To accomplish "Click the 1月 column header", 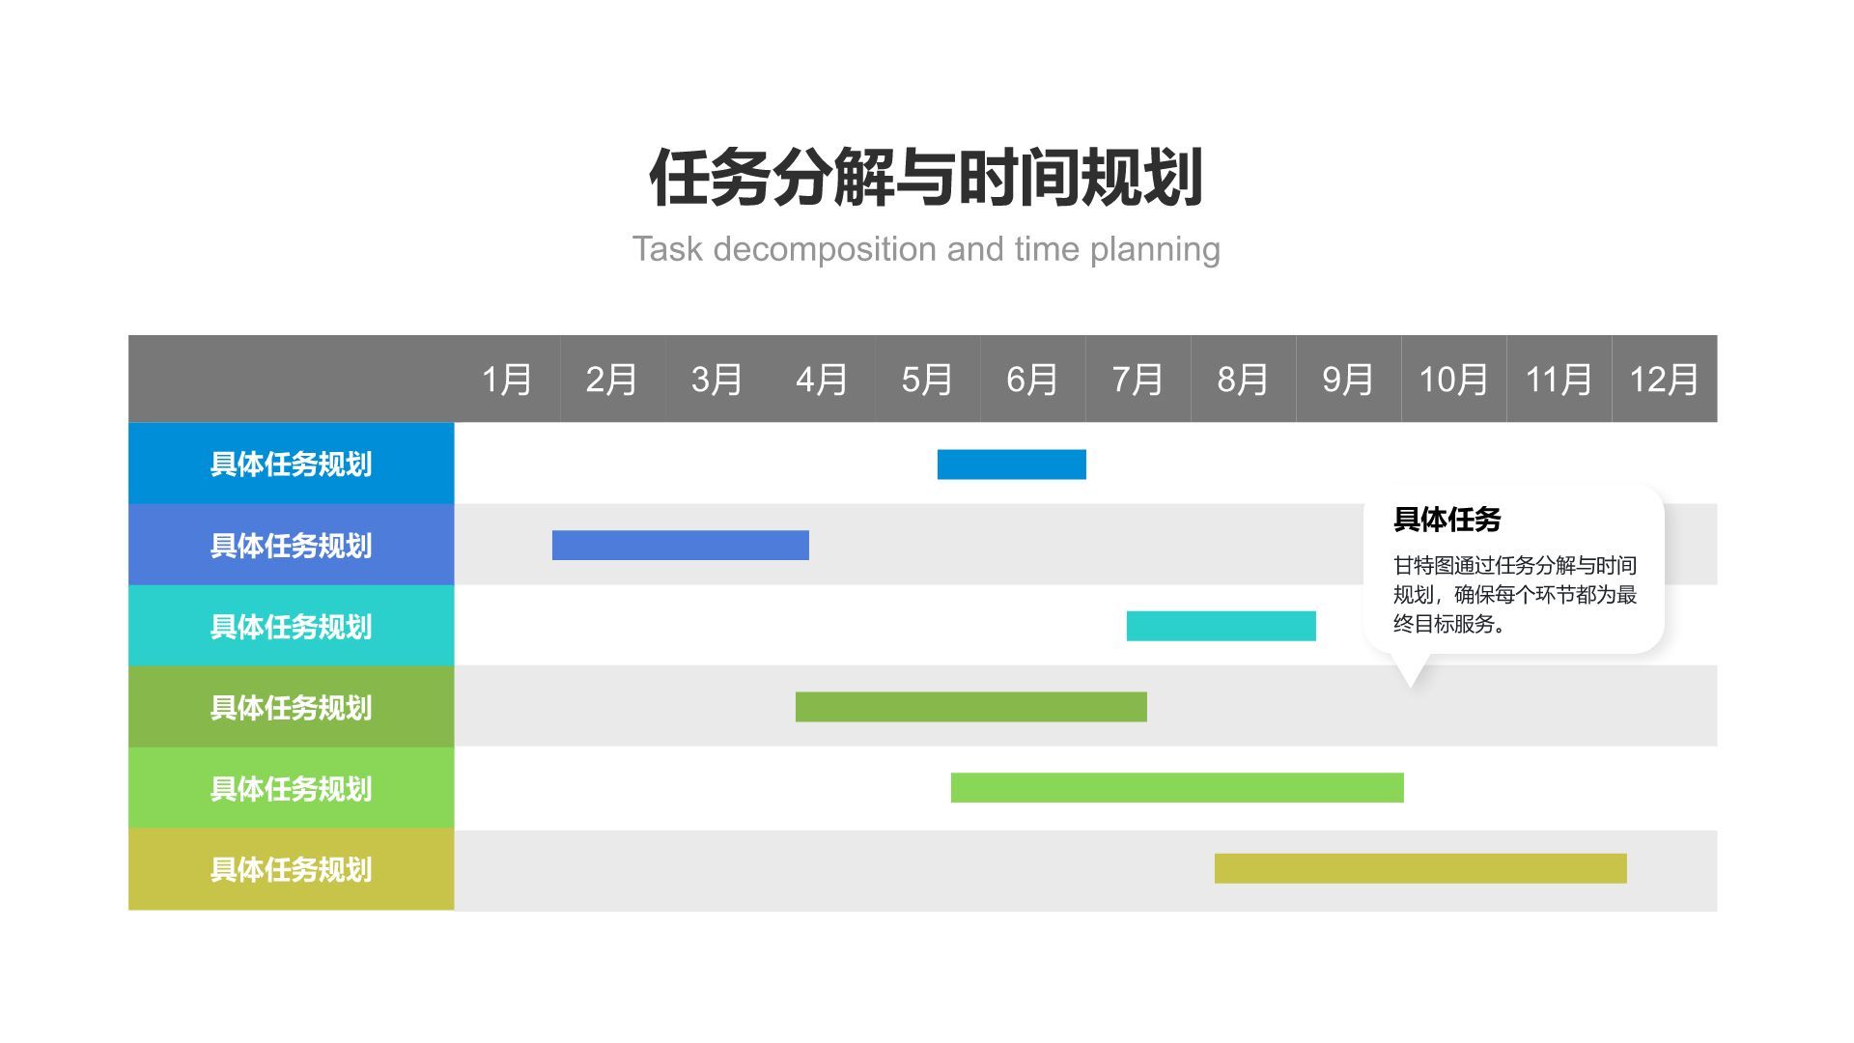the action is (x=507, y=380).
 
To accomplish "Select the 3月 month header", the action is (x=716, y=380).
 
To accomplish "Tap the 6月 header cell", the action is (x=1032, y=380).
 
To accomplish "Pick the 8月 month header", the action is (x=1243, y=380).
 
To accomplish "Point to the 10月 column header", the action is (x=1453, y=380).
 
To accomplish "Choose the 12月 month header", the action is (x=1664, y=380).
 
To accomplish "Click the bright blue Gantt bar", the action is (x=1011, y=465).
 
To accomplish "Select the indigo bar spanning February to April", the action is (x=680, y=546).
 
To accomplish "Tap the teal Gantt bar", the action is (x=1221, y=626).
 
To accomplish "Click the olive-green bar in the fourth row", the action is (x=970, y=707).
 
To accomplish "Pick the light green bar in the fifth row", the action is (x=1176, y=788).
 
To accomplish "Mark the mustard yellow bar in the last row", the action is (x=1419, y=868).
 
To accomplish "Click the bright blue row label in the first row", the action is (x=291, y=464).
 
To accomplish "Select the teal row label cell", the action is (x=291, y=626).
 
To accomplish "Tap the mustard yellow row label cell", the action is (x=291, y=869).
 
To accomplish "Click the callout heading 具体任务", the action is (x=1447, y=520).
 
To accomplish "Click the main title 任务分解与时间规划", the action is (x=926, y=179).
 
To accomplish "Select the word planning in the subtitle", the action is (x=1155, y=249).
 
